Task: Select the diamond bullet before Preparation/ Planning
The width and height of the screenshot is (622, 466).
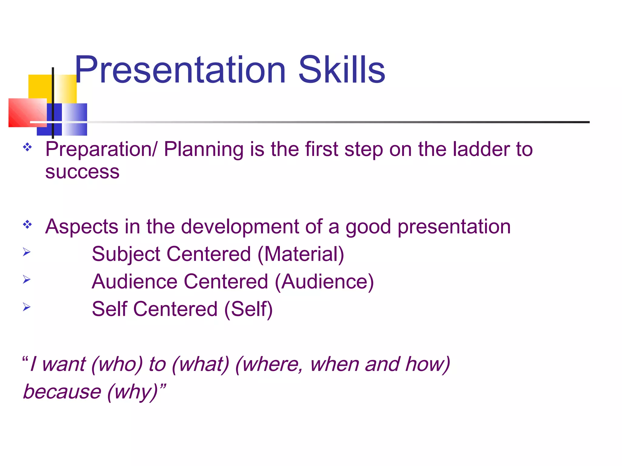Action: (27, 147)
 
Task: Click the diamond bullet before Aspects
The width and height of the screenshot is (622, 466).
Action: (27, 225)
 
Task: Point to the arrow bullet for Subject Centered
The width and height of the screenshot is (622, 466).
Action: (27, 252)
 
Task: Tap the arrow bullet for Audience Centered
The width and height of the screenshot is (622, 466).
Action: (27, 279)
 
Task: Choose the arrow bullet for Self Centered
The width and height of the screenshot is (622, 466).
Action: (27, 307)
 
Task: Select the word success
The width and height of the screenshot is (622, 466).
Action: (82, 172)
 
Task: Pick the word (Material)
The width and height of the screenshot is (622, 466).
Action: (301, 254)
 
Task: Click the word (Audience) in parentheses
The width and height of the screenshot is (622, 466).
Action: (324, 282)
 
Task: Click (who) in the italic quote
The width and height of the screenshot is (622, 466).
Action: (117, 364)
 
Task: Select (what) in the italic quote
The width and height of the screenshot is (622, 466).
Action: (200, 364)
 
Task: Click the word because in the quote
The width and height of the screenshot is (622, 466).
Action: (62, 391)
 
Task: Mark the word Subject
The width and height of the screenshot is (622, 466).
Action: (126, 254)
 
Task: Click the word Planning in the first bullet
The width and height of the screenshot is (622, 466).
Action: (204, 149)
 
